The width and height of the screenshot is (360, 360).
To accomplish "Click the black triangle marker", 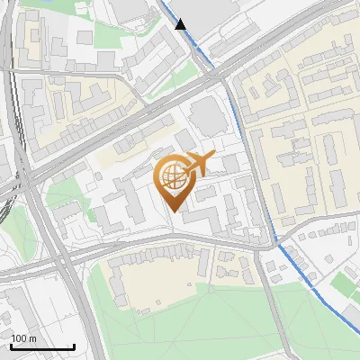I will pos(182,24).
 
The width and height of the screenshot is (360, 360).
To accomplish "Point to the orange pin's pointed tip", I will pos(174,212).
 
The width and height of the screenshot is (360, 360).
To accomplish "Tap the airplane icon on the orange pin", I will pos(197,165).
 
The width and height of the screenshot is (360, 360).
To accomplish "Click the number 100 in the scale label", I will pos(20,338).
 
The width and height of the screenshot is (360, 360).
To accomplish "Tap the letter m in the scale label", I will pos(32,338).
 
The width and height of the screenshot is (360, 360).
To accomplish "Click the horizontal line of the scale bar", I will pos(42,346).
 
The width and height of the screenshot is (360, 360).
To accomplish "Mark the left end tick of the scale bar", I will pos(11,345).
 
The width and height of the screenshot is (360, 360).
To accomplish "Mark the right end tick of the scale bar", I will pos(75,345).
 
